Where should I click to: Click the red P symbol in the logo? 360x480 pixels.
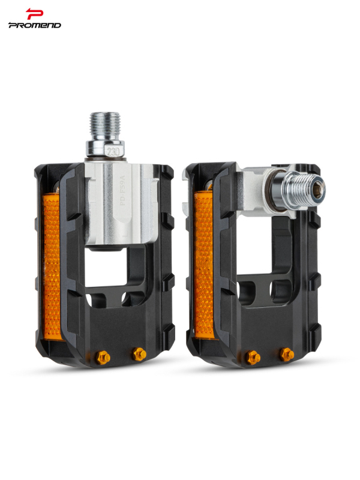click(x=34, y=14)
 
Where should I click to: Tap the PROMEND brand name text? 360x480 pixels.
click(x=35, y=25)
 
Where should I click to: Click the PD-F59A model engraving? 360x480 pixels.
click(x=123, y=190)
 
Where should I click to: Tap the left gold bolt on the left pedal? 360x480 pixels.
click(x=103, y=357)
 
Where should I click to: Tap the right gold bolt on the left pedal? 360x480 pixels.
click(x=139, y=354)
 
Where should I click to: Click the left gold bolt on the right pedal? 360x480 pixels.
click(x=253, y=357)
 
